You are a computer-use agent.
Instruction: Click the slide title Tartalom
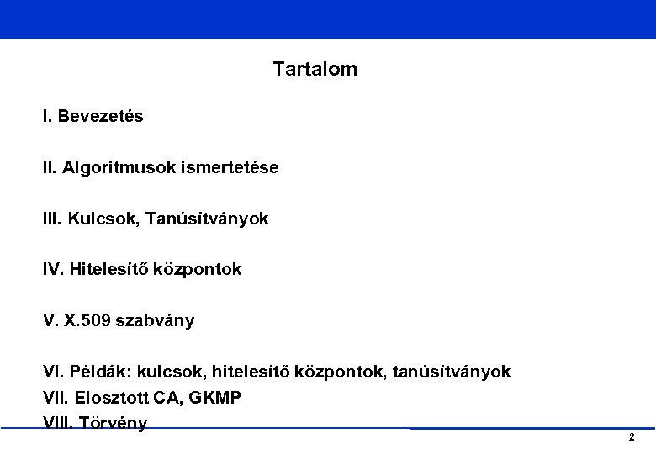pos(315,70)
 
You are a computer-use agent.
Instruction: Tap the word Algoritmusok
pos(114,168)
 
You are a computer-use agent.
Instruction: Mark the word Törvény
pos(116,423)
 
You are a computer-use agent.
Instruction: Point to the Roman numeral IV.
pos(53,270)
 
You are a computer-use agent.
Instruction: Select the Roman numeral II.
pos(49,168)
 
